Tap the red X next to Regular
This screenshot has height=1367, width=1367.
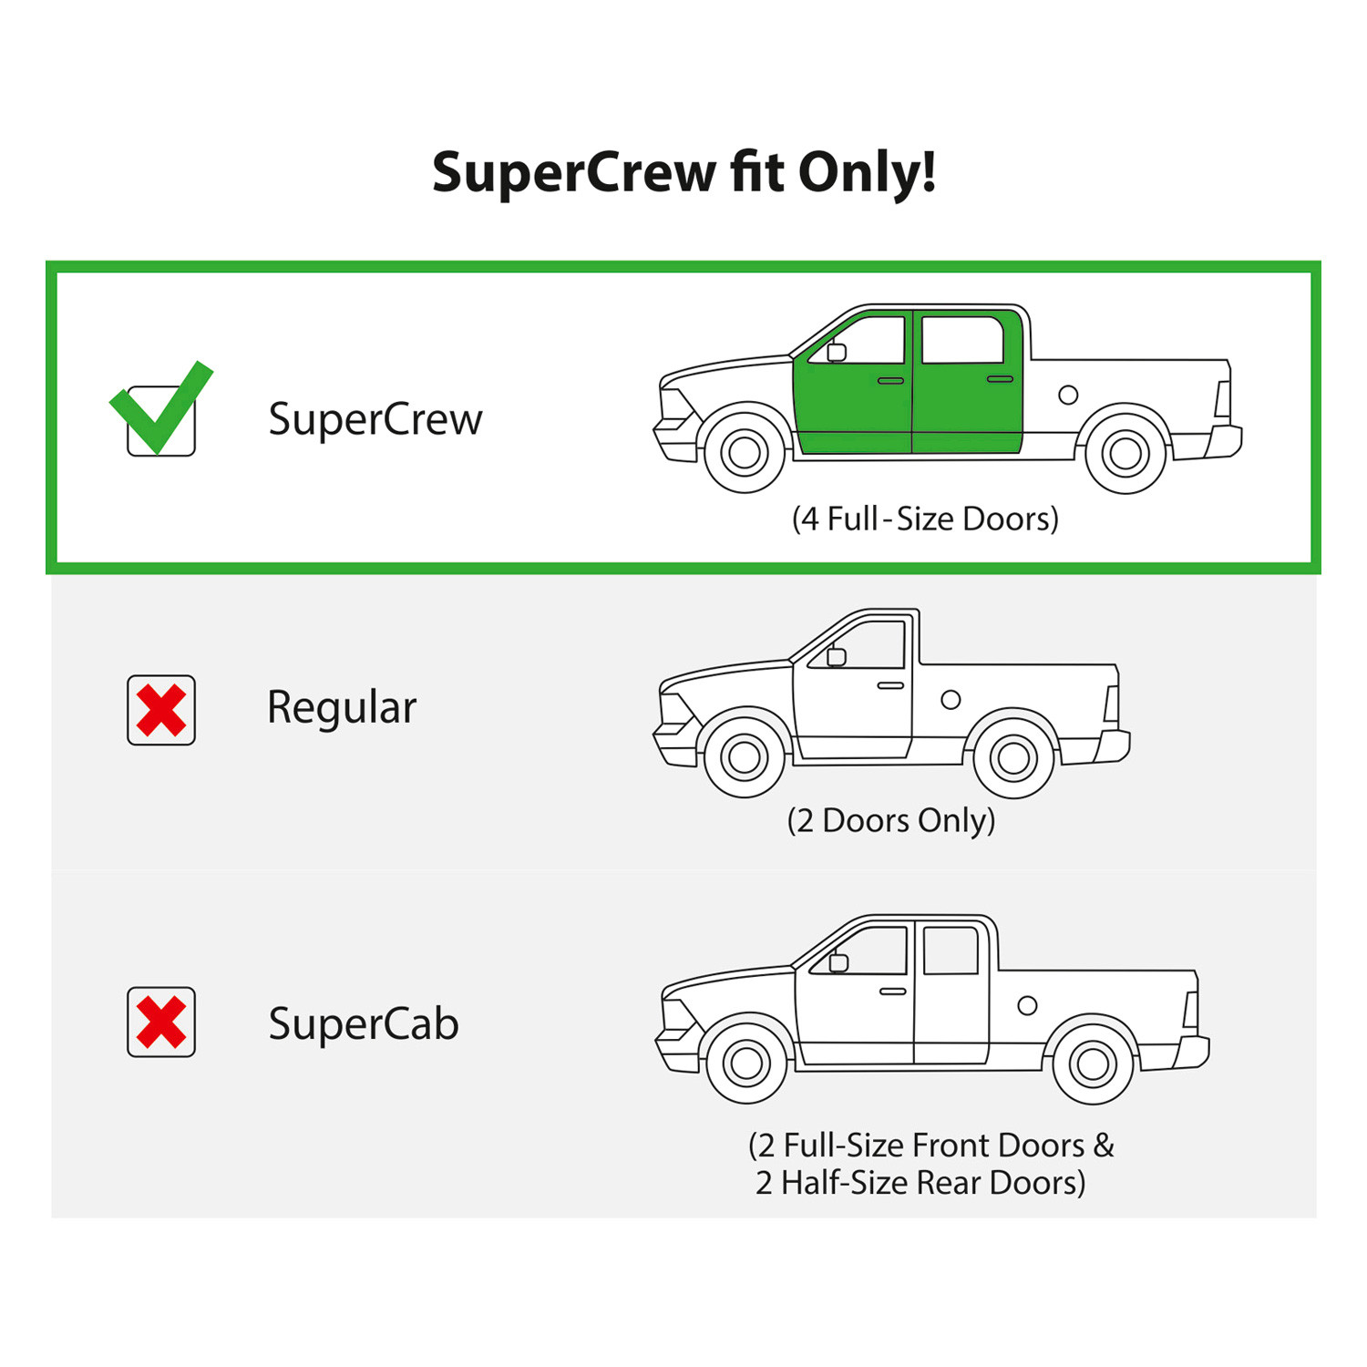click(x=161, y=711)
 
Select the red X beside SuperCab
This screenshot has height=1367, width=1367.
click(x=161, y=1022)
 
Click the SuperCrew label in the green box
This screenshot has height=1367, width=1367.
click(x=375, y=420)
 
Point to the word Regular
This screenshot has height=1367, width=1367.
click(x=342, y=708)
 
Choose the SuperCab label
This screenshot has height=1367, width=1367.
click(x=364, y=1023)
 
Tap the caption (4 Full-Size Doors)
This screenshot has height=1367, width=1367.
click(x=925, y=519)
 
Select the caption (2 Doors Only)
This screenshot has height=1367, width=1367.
click(x=891, y=820)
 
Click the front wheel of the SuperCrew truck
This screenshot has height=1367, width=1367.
click(x=745, y=452)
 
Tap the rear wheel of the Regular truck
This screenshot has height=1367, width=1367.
click(x=1013, y=757)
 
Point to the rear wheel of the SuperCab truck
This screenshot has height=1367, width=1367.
click(x=1093, y=1064)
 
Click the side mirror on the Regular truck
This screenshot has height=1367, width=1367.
click(x=837, y=656)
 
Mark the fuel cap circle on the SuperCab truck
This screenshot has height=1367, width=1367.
click(x=1027, y=1005)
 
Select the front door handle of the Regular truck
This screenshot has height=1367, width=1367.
click(x=890, y=685)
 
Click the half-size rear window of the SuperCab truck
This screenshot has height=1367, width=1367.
click(x=951, y=951)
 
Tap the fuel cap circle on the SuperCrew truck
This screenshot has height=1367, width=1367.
click(x=1068, y=395)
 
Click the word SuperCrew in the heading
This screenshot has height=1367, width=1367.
click(x=574, y=173)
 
